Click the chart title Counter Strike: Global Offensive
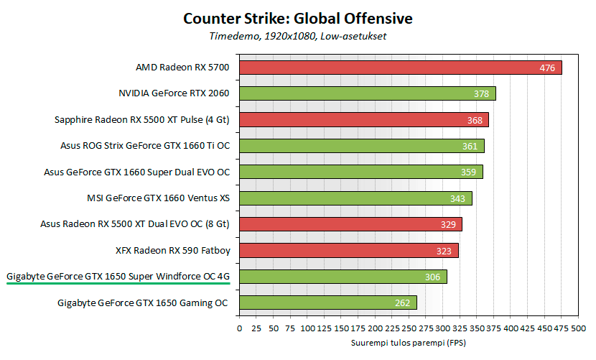click(x=297, y=17)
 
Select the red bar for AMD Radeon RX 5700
click(x=400, y=68)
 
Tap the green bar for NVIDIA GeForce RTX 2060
click(x=366, y=93)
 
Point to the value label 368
click(x=475, y=120)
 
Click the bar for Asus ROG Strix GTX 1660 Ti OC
click(x=361, y=146)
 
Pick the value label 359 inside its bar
click(x=468, y=172)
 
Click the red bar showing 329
click(x=350, y=224)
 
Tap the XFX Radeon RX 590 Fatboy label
click(x=172, y=250)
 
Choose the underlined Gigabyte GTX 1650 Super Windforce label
click(x=118, y=276)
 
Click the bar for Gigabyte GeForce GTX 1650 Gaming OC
click(x=327, y=303)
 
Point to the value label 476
click(x=548, y=68)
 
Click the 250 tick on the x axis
click(x=409, y=328)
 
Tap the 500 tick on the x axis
click(x=578, y=328)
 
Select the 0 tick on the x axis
click(x=239, y=328)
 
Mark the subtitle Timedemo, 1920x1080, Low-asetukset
click(x=297, y=35)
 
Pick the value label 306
click(x=432, y=277)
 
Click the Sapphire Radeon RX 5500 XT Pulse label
click(x=141, y=120)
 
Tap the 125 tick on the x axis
click(x=324, y=328)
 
